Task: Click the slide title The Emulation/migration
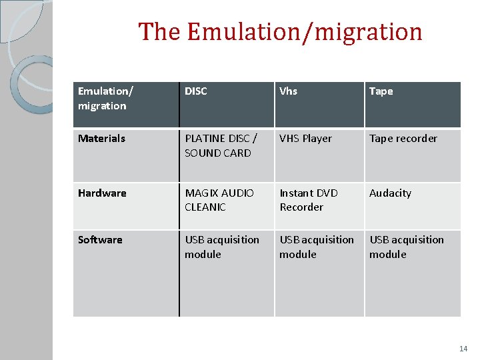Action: click(280, 32)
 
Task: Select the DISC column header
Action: click(196, 91)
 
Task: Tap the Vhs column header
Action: click(288, 91)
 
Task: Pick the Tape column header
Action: click(381, 91)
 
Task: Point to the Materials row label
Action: click(101, 139)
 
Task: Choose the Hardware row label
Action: click(102, 193)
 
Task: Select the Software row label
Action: click(100, 240)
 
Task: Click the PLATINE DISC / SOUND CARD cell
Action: click(221, 146)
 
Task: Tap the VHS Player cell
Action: click(305, 139)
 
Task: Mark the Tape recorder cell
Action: click(403, 139)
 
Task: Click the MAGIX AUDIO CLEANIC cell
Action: click(219, 200)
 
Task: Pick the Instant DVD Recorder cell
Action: click(309, 200)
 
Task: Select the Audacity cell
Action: click(390, 193)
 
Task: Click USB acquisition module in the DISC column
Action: click(222, 247)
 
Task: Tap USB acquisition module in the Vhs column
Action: click(317, 247)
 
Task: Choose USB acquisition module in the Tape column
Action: click(407, 247)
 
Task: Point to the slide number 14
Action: click(463, 349)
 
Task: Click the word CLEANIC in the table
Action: click(205, 207)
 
